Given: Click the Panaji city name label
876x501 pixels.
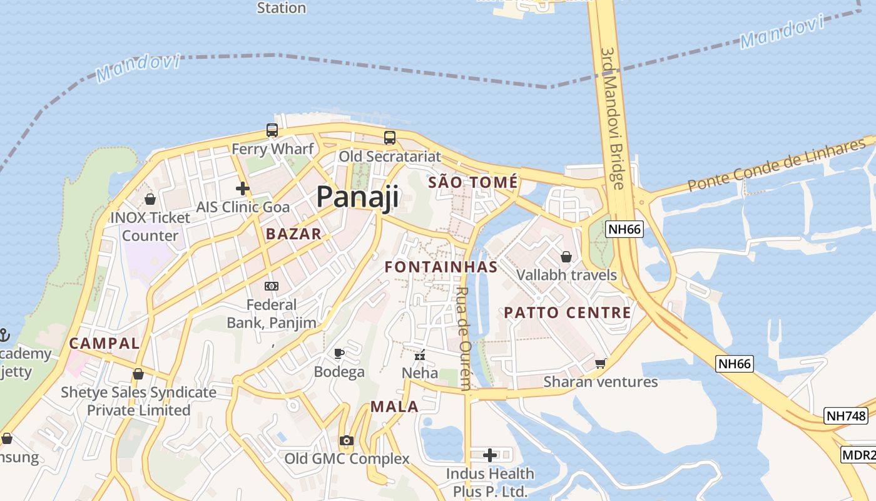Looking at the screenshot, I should click(x=357, y=197).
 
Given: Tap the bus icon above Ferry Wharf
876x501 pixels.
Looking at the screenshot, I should click(x=272, y=130).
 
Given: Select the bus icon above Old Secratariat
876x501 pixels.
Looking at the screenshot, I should click(x=390, y=138).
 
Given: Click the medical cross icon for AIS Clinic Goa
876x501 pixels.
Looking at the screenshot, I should click(x=243, y=188).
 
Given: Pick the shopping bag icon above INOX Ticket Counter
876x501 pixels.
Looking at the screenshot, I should click(x=150, y=199).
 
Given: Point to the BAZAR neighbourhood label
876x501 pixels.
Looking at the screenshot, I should click(x=293, y=234).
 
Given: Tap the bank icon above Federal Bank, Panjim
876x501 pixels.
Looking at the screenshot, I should click(x=272, y=286).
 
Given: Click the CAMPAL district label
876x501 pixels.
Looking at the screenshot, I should click(x=104, y=343).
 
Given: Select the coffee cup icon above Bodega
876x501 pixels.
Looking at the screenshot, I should click(x=339, y=354).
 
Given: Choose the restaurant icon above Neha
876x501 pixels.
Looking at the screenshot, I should click(x=420, y=355).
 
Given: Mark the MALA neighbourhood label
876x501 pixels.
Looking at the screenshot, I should click(x=394, y=406).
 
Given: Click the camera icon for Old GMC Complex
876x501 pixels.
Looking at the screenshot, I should click(x=347, y=441).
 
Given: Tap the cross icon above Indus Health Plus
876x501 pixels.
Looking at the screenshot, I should click(x=490, y=455).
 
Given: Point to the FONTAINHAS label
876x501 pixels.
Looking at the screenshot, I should click(x=441, y=267).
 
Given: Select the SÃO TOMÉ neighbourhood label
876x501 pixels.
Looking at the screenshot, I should click(x=473, y=182).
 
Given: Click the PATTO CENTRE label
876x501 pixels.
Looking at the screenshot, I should click(x=568, y=312).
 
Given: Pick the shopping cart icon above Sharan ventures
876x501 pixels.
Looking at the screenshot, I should click(x=601, y=363).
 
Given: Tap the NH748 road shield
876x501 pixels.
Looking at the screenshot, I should click(x=845, y=415).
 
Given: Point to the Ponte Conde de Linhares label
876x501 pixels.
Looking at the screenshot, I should click(x=776, y=166).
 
